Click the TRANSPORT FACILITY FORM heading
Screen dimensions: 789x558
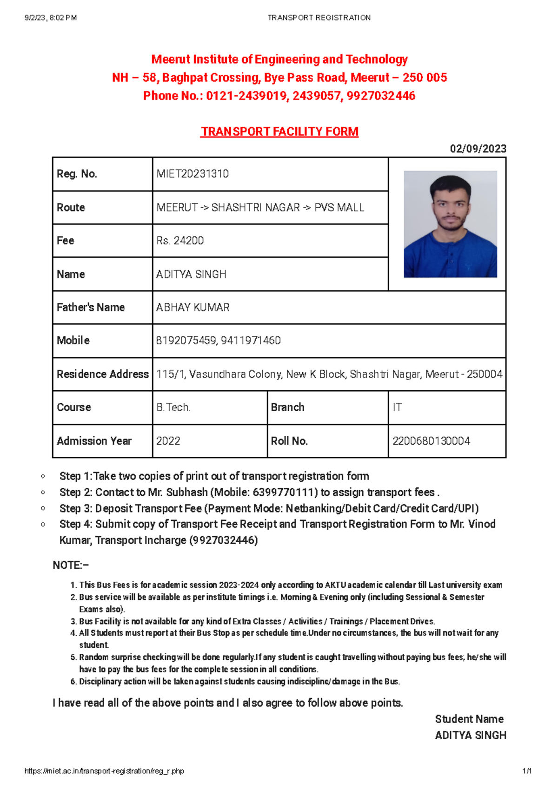[279, 132]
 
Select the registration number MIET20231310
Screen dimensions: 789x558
[193, 174]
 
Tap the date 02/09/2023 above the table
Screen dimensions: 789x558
[478, 149]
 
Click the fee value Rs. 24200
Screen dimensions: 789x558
[180, 241]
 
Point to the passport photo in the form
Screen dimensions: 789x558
[450, 224]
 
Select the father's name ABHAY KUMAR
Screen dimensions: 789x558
[193, 308]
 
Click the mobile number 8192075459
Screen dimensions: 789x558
[186, 341]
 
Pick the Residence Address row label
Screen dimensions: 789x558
[102, 374]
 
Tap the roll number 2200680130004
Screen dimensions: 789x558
[431, 441]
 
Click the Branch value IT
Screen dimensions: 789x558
[397, 408]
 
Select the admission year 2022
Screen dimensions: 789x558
[168, 441]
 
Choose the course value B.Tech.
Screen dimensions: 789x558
[173, 408]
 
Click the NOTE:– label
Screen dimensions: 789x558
[71, 565]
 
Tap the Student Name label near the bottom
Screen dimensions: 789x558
[469, 719]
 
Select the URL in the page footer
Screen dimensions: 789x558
[104, 771]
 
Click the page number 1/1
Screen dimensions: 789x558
[527, 771]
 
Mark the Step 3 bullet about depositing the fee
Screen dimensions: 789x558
[269, 508]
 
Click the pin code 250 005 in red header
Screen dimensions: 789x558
[425, 78]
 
